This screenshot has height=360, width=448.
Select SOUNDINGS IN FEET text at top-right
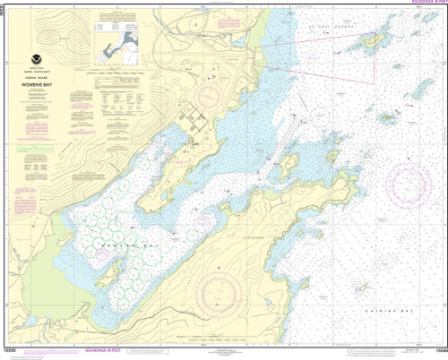pyautogui.click(x=421, y=4)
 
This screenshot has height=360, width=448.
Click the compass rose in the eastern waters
pyautogui.click(x=413, y=183)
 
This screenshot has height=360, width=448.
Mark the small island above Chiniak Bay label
pyautogui.click(x=362, y=288)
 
